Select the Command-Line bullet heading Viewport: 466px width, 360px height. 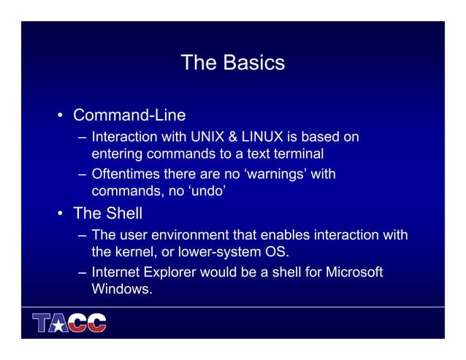(x=130, y=115)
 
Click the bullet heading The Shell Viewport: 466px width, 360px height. (x=108, y=214)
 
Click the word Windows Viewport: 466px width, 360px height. (x=121, y=289)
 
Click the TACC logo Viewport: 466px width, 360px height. (x=69, y=323)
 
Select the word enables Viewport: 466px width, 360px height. (x=286, y=235)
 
